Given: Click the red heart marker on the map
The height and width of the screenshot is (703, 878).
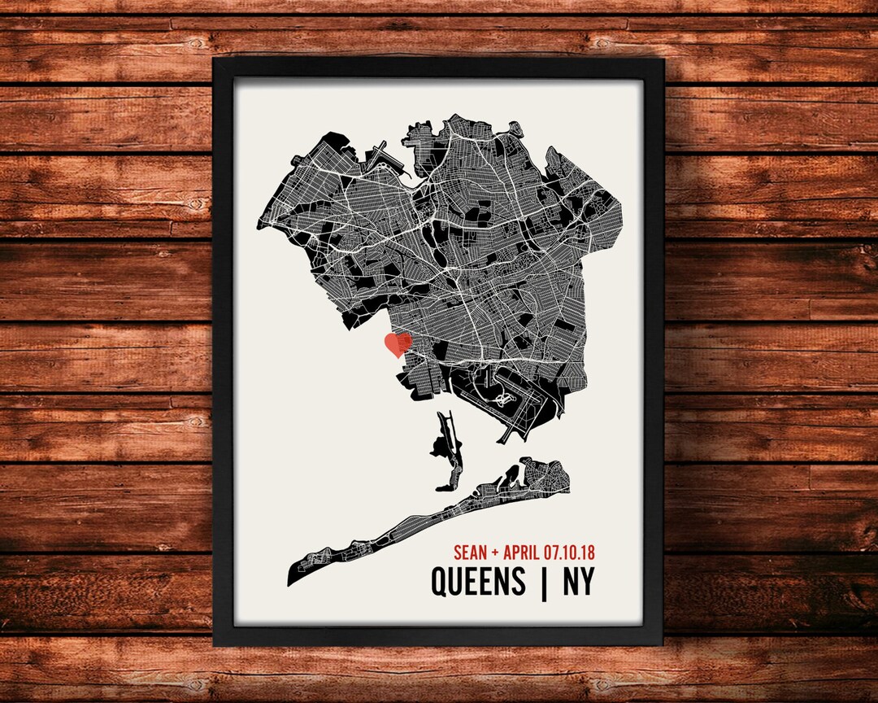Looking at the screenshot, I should pyautogui.click(x=398, y=343).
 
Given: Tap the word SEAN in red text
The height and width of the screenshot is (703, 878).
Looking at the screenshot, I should pyautogui.click(x=470, y=552).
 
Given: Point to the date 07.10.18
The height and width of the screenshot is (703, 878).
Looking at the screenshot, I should pyautogui.click(x=572, y=552).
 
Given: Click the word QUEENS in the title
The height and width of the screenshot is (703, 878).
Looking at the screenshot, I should pyautogui.click(x=478, y=582).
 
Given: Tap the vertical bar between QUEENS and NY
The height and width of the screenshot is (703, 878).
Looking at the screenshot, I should pyautogui.click(x=543, y=582).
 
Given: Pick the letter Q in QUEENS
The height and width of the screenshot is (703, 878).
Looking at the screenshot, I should pyautogui.click(x=440, y=583).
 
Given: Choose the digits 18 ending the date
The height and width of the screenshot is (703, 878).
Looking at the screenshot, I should pyautogui.click(x=588, y=552).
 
